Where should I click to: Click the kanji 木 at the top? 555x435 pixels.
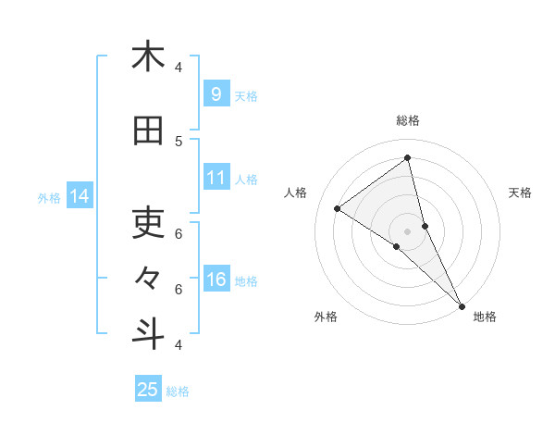(x=148, y=56)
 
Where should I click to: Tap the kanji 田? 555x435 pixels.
(x=148, y=132)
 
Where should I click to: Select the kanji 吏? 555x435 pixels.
(x=148, y=222)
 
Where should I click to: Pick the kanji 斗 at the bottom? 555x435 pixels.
(x=148, y=333)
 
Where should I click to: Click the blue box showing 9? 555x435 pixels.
(x=216, y=93)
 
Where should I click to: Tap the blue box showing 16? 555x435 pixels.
(x=216, y=280)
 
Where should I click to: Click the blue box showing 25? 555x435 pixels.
(x=148, y=389)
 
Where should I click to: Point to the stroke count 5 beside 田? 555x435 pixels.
(x=179, y=141)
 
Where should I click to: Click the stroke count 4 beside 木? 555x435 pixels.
(x=179, y=67)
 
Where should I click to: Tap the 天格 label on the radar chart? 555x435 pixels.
(x=520, y=193)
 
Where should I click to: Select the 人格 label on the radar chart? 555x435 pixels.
(x=296, y=193)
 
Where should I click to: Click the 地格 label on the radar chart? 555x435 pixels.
(x=485, y=317)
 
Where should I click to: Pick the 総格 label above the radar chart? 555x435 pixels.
(x=408, y=120)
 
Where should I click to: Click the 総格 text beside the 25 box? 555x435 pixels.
(x=178, y=391)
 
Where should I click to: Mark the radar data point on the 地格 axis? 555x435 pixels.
(x=462, y=304)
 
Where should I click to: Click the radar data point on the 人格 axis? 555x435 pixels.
(x=338, y=208)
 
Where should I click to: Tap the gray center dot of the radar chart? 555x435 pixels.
(x=408, y=230)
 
